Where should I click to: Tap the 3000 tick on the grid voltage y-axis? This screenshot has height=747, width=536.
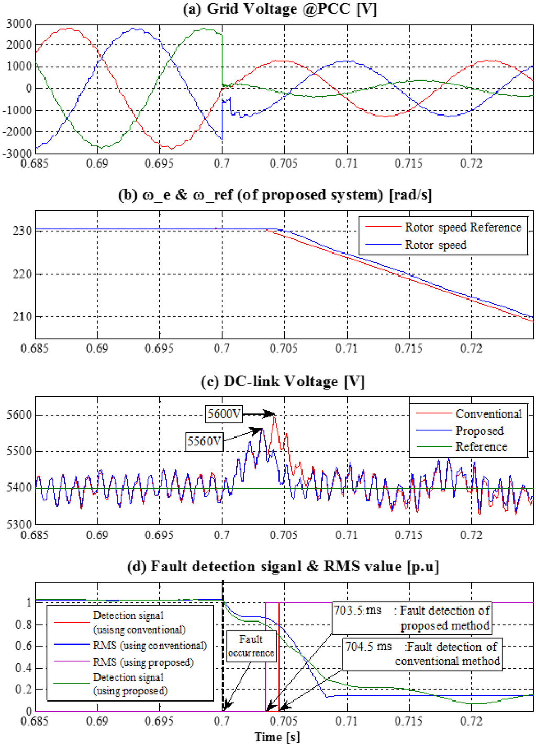coord(19,24)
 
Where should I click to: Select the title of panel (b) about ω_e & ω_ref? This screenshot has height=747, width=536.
coord(275,195)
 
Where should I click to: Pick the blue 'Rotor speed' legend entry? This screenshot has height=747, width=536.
coord(435,245)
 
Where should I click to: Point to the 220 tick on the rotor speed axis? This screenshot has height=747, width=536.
coord(23,274)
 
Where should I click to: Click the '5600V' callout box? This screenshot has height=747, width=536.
coord(224,414)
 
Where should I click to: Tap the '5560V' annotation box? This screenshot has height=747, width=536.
coord(204,441)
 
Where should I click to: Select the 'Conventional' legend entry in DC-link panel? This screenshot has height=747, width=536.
coord(488,414)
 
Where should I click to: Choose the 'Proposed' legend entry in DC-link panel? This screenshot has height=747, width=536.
coord(479,431)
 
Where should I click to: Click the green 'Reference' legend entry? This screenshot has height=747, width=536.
coord(481,447)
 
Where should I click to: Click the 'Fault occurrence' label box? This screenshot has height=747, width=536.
coord(251,646)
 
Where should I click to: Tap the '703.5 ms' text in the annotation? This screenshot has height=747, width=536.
coord(358,611)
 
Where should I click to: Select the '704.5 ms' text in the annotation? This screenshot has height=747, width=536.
coord(368,647)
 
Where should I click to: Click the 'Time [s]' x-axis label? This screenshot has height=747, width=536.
coord(277,737)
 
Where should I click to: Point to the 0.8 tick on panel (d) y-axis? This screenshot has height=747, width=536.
coord(23,625)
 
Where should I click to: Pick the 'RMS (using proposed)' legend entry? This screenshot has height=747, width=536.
coord(143,662)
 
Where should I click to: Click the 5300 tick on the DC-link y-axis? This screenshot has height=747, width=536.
coord(19,524)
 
